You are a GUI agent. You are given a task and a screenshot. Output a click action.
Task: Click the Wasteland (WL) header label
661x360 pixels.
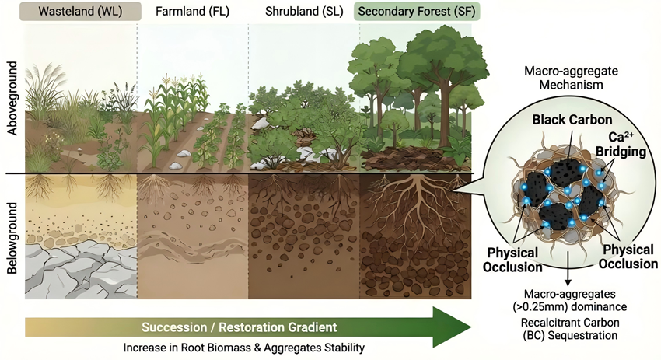80,12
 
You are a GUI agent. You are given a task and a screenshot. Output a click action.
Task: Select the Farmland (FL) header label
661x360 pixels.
192,12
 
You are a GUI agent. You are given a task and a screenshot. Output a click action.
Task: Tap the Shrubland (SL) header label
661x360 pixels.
304,12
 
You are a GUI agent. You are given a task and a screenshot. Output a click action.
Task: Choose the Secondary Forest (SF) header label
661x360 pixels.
417,12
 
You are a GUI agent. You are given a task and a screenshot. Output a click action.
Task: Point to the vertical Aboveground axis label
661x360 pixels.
12,98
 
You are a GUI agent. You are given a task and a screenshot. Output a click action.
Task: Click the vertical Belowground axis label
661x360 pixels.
12,238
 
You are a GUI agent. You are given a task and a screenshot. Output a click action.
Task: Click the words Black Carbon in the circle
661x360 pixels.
572,120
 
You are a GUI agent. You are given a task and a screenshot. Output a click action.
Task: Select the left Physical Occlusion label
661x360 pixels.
512,260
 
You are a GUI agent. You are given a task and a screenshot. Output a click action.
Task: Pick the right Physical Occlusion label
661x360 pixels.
628,257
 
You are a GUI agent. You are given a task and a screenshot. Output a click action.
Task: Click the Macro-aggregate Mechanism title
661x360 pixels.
572,78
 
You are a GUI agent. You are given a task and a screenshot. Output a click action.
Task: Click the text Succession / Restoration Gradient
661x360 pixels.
239,327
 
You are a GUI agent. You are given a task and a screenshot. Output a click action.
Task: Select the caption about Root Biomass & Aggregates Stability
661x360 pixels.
243,348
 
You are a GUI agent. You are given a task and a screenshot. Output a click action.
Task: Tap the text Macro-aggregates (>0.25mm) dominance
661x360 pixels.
569,300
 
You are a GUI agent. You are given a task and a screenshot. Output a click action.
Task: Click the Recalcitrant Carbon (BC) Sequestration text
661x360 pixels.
570,329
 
